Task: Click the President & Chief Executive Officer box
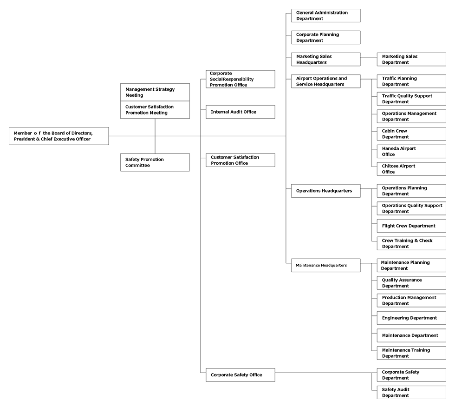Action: [x=59, y=136]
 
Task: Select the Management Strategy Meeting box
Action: [x=155, y=92]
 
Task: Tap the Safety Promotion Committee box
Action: [x=155, y=162]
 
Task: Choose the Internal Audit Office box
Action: [x=240, y=112]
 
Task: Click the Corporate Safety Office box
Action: [x=240, y=375]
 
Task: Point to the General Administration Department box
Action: [x=326, y=15]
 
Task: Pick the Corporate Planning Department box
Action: [x=326, y=38]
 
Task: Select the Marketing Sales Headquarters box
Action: [x=326, y=60]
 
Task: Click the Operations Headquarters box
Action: [x=326, y=191]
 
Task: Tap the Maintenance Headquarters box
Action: [x=326, y=265]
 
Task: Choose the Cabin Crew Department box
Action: [x=411, y=134]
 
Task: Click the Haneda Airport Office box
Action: [x=411, y=151]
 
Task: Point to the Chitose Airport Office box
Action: [x=411, y=169]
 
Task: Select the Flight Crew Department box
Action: [x=411, y=226]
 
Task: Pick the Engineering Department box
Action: [x=411, y=318]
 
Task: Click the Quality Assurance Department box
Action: [x=411, y=283]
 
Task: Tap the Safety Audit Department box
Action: [x=411, y=392]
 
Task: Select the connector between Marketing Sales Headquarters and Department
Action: [x=369, y=57]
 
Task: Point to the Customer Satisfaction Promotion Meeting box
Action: [x=155, y=110]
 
